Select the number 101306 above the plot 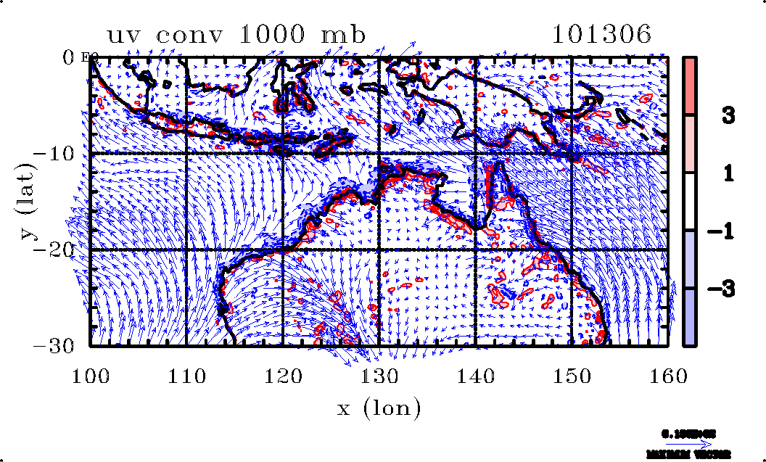pos(601,34)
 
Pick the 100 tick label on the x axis pos(90,375)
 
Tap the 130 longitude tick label pos(379,375)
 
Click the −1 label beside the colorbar pos(722,231)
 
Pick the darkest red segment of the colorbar pos(690,86)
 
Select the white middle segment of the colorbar pos(690,202)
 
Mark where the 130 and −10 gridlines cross pos(379,153)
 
